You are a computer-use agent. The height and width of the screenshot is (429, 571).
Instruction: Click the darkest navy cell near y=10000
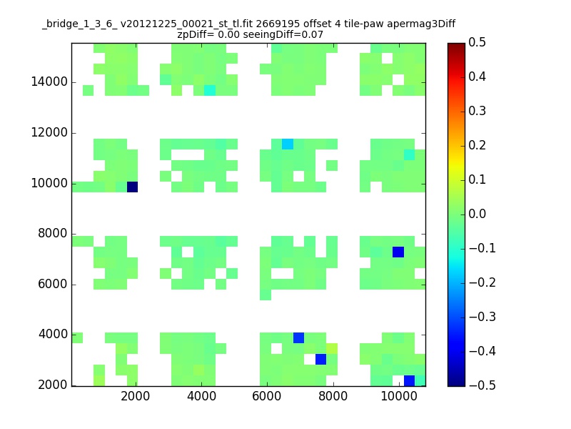(x=132, y=187)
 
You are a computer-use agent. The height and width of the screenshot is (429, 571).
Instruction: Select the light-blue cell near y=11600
(x=288, y=144)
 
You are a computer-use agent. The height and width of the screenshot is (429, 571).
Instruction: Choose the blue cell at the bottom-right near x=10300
(x=409, y=380)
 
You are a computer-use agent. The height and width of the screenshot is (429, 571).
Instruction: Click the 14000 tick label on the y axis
(x=49, y=82)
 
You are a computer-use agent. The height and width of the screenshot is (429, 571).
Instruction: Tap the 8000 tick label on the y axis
(x=53, y=234)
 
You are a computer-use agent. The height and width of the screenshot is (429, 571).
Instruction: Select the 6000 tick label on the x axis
(x=267, y=396)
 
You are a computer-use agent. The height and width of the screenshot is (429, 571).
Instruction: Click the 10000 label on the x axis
(x=399, y=396)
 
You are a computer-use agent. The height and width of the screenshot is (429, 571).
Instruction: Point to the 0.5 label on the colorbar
(x=477, y=42)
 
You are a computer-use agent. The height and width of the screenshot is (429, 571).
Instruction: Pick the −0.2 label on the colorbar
(x=482, y=282)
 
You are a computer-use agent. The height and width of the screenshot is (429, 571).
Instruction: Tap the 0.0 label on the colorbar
(x=477, y=214)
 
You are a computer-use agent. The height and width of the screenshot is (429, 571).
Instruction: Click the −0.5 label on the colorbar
(x=482, y=385)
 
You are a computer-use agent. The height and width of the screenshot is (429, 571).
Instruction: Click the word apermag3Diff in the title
(x=421, y=24)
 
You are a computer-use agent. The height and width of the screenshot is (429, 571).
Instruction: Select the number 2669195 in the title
(x=278, y=24)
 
